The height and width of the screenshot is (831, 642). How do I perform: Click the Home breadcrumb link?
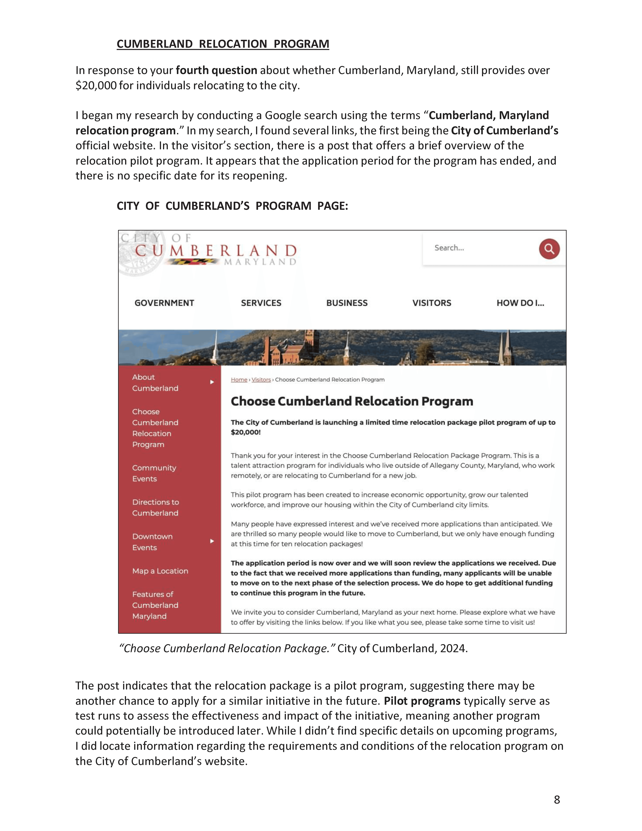click(239, 380)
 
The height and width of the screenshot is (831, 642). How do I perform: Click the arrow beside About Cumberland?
click(212, 382)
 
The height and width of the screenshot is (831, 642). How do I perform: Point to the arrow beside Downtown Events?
click(212, 541)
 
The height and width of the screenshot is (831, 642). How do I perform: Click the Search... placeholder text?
click(449, 248)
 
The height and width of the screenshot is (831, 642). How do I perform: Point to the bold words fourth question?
click(216, 70)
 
